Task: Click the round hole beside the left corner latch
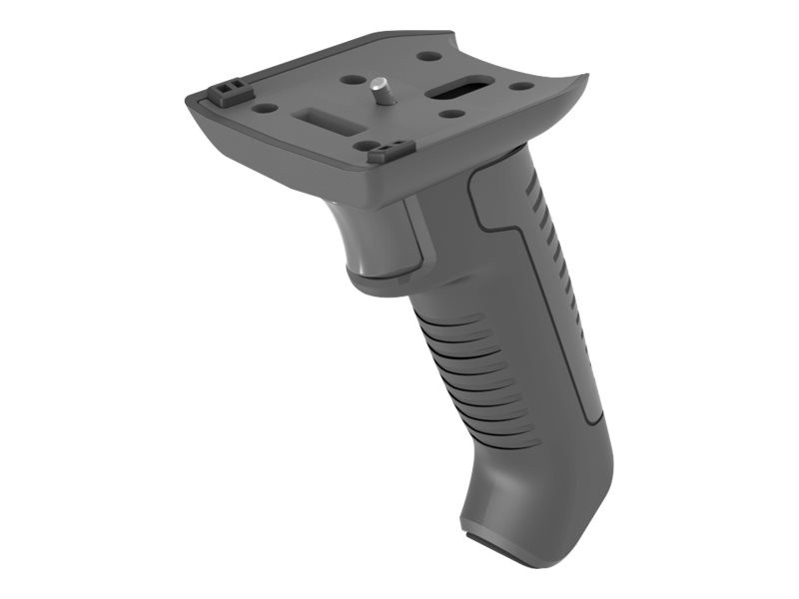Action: click(265, 107)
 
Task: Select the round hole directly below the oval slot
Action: click(452, 113)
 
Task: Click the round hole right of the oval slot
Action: click(521, 86)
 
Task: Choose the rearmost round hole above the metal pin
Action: click(428, 57)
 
